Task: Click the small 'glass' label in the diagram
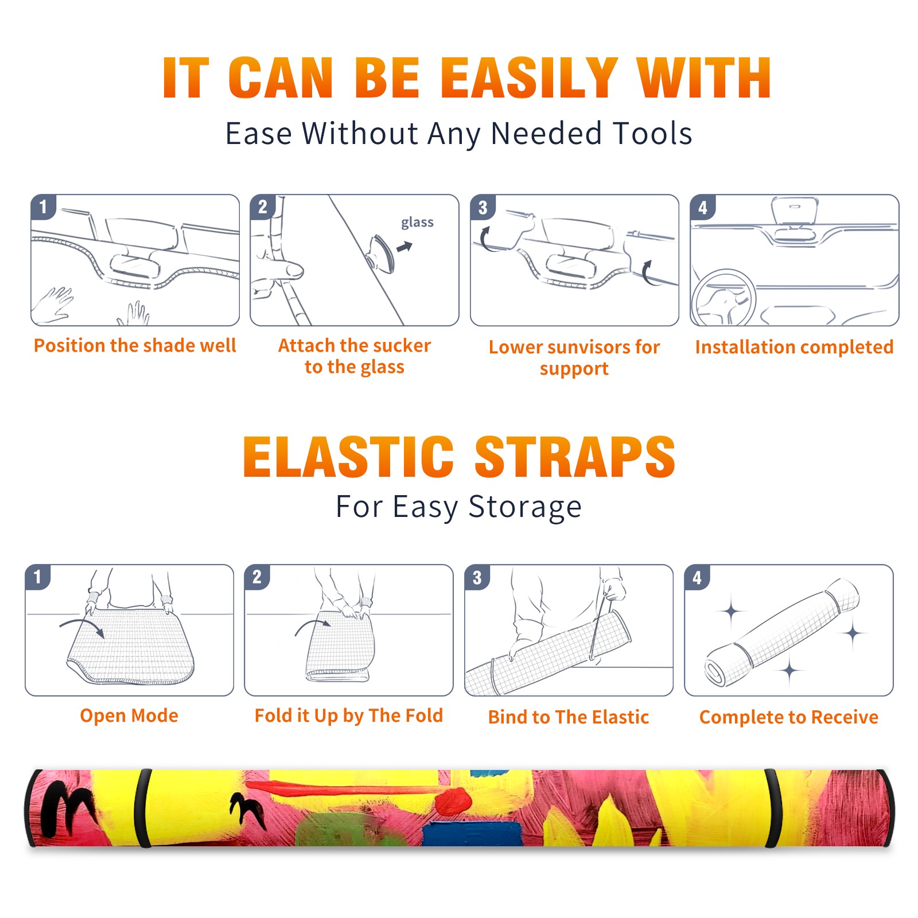(x=417, y=223)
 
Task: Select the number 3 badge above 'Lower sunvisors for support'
(x=483, y=207)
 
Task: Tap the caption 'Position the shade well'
(x=135, y=345)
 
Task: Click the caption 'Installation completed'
(x=794, y=347)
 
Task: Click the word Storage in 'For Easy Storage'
(x=525, y=507)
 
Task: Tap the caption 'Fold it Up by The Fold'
(x=349, y=715)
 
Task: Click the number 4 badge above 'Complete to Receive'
(x=697, y=577)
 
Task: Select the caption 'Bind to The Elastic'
(x=569, y=717)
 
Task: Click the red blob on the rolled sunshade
(x=453, y=800)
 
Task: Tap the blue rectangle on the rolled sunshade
(x=472, y=833)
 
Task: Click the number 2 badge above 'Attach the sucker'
(x=263, y=207)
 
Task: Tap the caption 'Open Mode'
(x=129, y=715)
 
